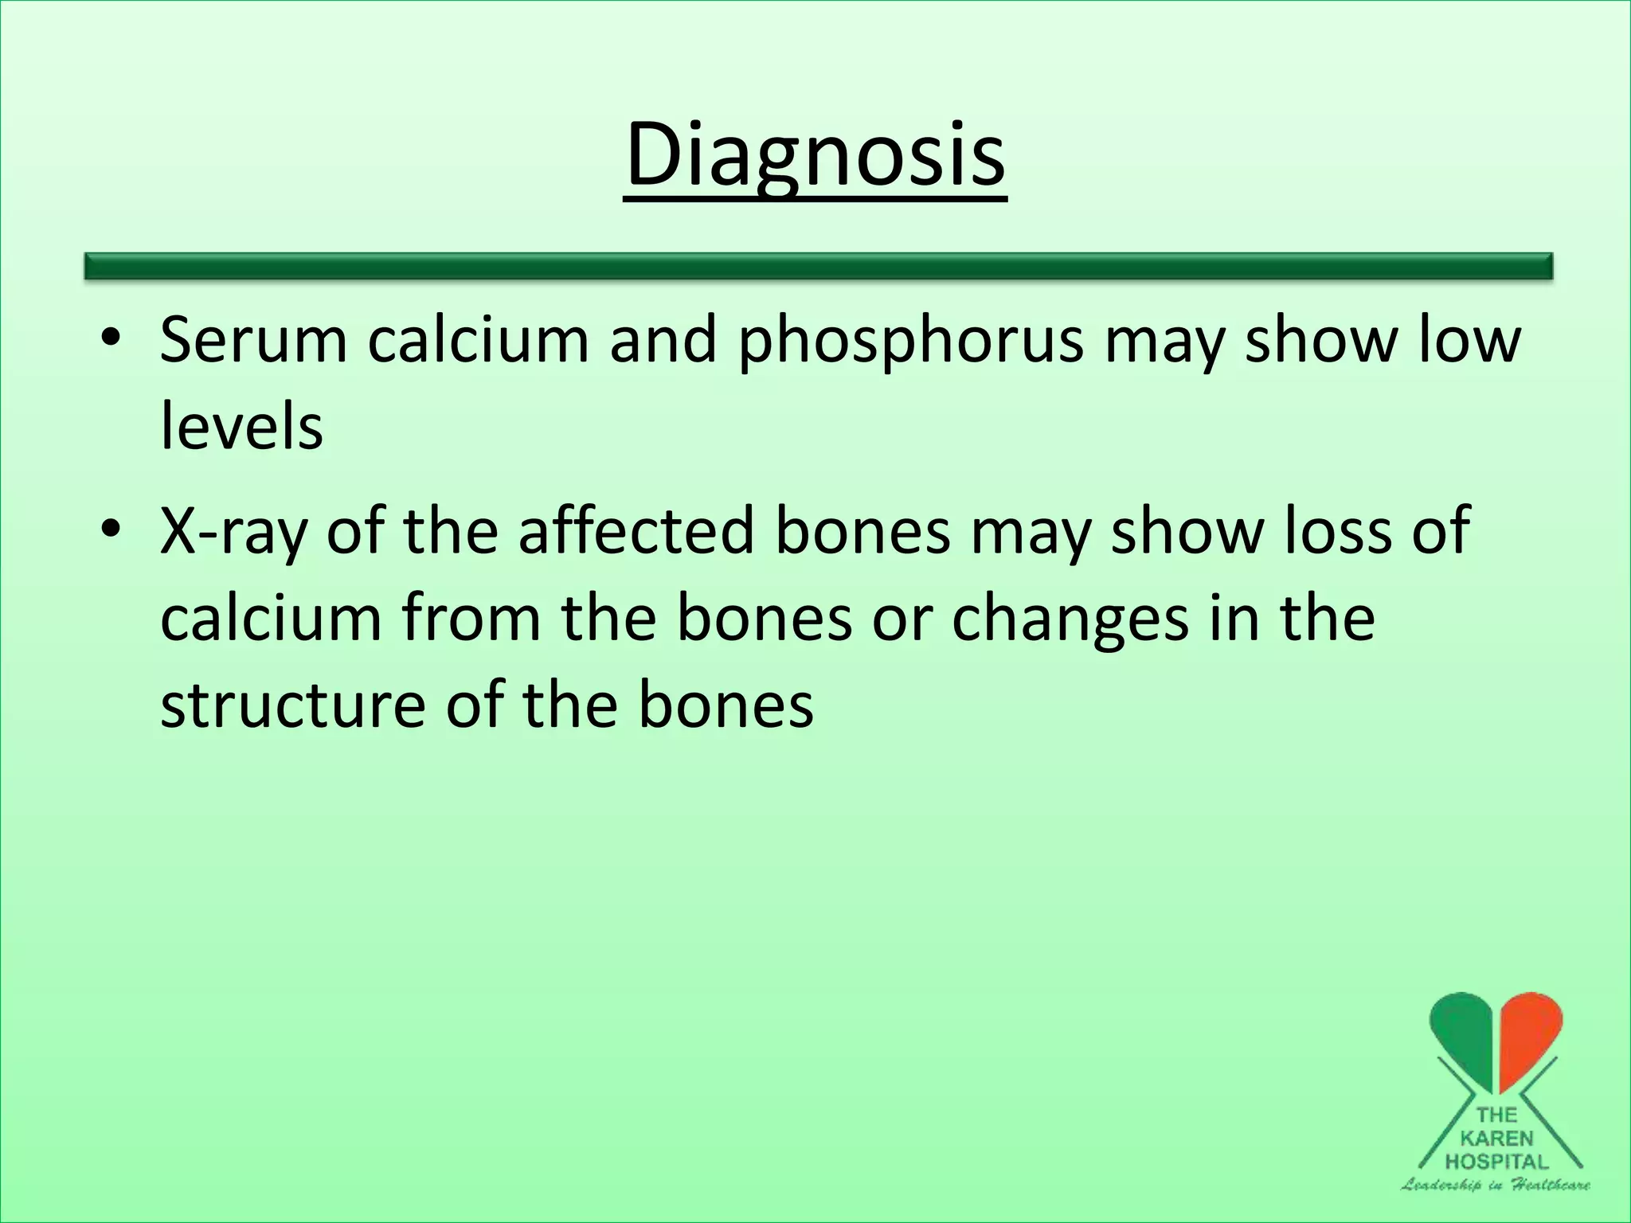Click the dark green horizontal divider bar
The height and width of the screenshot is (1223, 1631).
(x=818, y=266)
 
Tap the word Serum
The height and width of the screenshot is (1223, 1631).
(x=254, y=340)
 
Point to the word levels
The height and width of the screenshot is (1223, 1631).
(x=241, y=427)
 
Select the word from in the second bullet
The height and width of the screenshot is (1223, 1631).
(x=471, y=618)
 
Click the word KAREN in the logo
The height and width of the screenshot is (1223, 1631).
(x=1497, y=1139)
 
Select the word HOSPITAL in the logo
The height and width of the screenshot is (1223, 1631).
(x=1497, y=1162)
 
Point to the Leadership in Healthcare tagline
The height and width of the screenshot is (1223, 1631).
(x=1496, y=1185)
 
